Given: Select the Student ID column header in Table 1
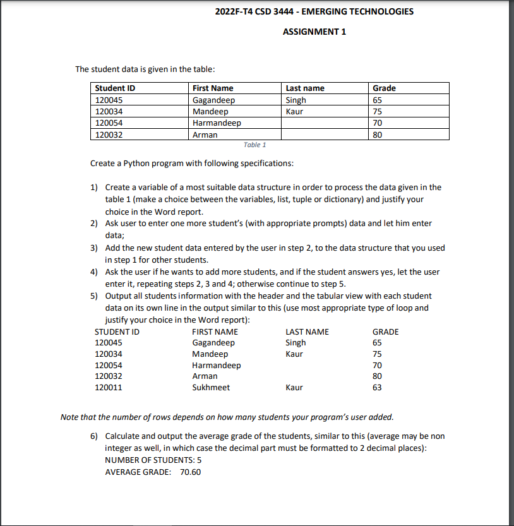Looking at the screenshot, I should pyautogui.click(x=115, y=88).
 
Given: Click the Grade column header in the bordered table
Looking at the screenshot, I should pyautogui.click(x=385, y=88).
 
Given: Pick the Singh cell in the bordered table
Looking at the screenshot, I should pyautogui.click(x=296, y=100).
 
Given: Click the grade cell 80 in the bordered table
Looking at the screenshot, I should pyautogui.click(x=378, y=134).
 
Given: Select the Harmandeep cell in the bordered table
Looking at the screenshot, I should pyautogui.click(x=217, y=123).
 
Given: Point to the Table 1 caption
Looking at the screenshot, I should pyautogui.click(x=254, y=145).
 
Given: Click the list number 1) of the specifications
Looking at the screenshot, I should pyautogui.click(x=94, y=188).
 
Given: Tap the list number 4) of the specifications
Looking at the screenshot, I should pyautogui.click(x=94, y=272).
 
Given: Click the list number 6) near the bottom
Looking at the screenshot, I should pyautogui.click(x=94, y=436).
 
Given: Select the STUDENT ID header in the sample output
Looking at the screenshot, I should pyautogui.click(x=117, y=332).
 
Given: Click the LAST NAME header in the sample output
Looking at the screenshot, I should pyautogui.click(x=307, y=332).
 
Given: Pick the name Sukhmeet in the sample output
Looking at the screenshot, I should pyautogui.click(x=211, y=388).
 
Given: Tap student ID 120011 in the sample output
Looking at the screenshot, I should pyautogui.click(x=108, y=388).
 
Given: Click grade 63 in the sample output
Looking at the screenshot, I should pyautogui.click(x=378, y=388).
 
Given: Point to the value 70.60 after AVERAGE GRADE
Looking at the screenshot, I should pyautogui.click(x=191, y=472).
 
